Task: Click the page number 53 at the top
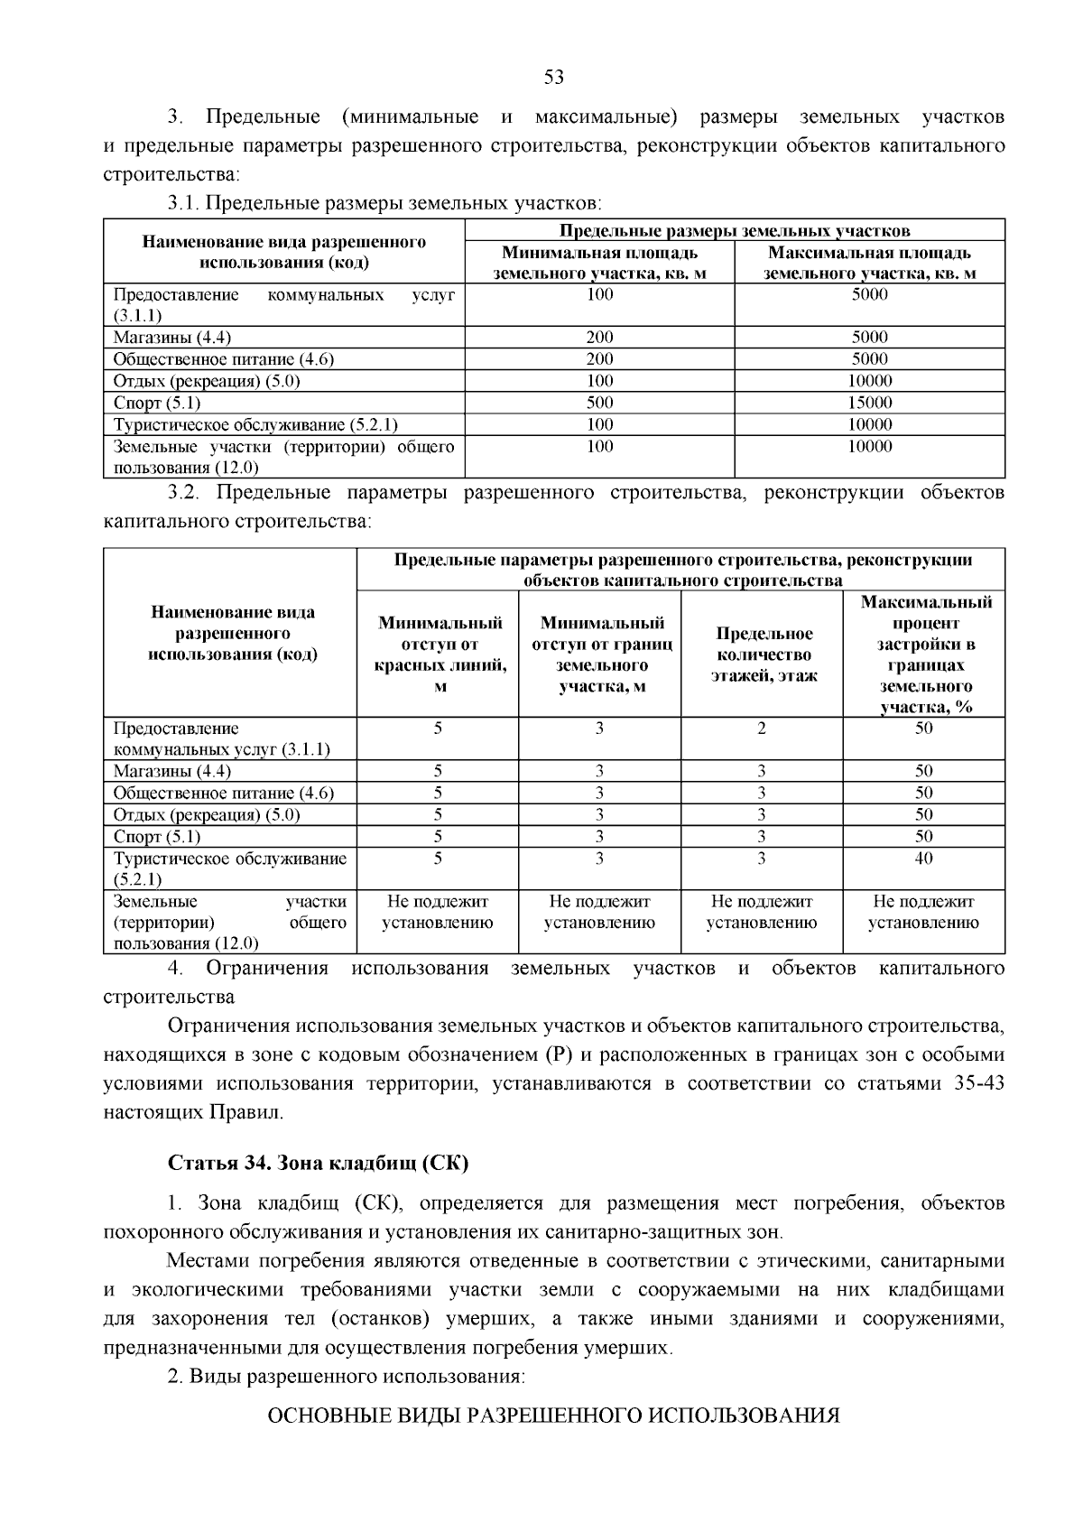coord(554,78)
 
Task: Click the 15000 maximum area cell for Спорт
coord(870,403)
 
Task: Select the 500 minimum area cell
coord(599,403)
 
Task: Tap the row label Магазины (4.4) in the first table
coord(172,338)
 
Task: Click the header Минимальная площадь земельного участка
coord(599,263)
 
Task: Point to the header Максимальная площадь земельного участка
coord(870,263)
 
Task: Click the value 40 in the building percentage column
coord(923,859)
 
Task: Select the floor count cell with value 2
coord(762,729)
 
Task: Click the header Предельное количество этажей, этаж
coord(762,655)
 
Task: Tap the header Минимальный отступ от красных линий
coord(439,655)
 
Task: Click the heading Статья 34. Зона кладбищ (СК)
coord(318,1163)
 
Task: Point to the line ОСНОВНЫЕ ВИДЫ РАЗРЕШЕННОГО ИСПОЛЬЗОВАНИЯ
coord(554,1416)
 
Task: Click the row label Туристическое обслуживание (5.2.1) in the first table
coord(255,424)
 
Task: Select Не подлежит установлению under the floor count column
coord(762,912)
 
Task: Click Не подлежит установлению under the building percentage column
coord(923,912)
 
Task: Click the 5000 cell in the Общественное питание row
coord(870,359)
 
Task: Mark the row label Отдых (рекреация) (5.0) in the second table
coord(207,815)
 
